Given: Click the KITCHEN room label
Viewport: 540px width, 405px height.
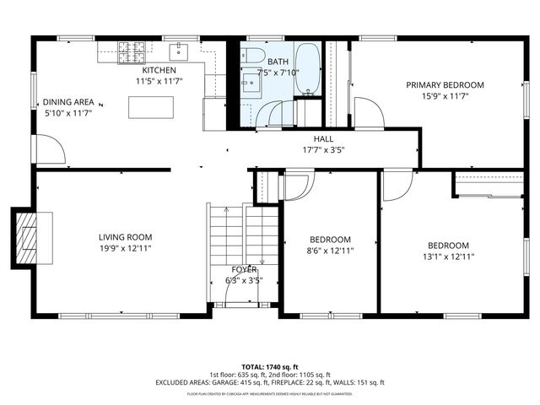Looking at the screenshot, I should point(159,70).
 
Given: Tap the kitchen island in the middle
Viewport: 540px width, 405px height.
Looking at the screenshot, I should point(151,107).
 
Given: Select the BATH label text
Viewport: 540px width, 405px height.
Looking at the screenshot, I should point(278,62).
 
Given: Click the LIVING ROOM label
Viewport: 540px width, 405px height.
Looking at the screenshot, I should point(125,237).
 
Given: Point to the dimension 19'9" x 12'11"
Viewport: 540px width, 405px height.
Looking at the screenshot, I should point(125,249).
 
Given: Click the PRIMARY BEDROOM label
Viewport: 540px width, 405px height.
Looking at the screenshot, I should point(445,84).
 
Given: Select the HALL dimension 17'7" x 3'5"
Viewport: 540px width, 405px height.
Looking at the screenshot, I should point(324,150).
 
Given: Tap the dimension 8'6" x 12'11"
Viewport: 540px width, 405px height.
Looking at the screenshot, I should point(329,251).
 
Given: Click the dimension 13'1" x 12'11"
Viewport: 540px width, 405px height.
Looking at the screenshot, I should point(447,256).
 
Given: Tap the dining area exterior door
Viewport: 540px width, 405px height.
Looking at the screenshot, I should point(48,150).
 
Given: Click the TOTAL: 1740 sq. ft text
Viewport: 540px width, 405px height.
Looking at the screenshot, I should point(270,365).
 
